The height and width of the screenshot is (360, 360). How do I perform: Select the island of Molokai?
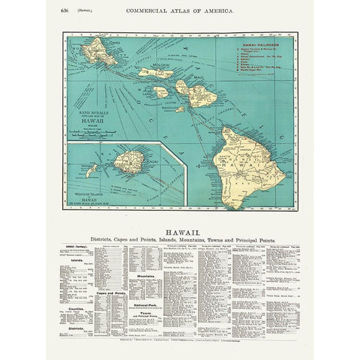pyautogui.click(x=155, y=73)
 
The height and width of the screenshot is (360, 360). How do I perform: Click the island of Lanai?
pyautogui.click(x=160, y=91)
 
